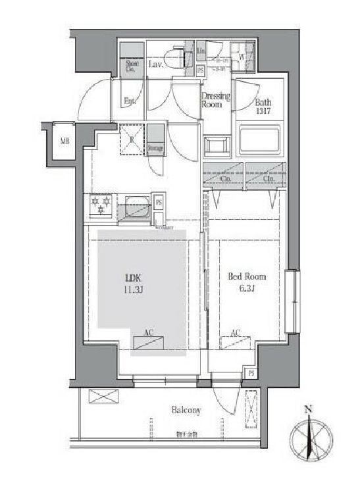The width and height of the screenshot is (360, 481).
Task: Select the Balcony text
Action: (x=186, y=410)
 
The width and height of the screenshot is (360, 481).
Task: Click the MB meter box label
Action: (x=65, y=141)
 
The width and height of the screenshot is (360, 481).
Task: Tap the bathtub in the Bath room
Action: (x=259, y=140)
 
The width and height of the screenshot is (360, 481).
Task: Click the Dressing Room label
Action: (x=215, y=101)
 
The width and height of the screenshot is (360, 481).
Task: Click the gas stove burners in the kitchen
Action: (x=99, y=205)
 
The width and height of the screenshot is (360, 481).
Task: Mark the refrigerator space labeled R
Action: (x=131, y=141)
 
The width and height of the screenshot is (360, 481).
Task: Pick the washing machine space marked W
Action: (x=242, y=56)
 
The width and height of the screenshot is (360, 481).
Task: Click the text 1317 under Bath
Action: (x=264, y=110)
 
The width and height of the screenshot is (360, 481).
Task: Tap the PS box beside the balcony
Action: (x=251, y=373)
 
